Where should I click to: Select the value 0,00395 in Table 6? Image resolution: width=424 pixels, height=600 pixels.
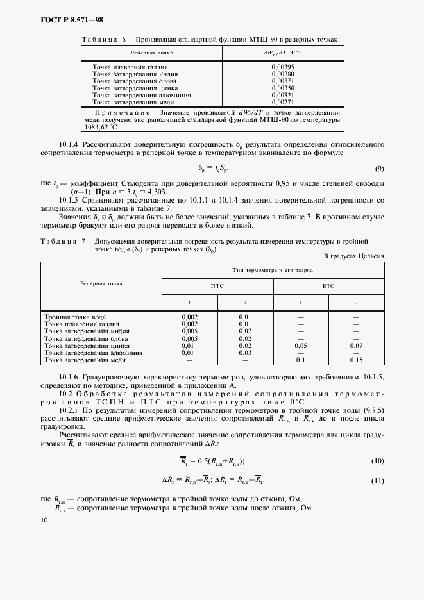pos(282,67)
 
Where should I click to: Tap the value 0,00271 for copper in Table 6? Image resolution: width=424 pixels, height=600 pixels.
pos(282,102)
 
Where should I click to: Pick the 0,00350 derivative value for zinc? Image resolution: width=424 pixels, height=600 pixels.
pos(282,88)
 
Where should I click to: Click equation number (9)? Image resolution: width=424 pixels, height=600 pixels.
pos(378,169)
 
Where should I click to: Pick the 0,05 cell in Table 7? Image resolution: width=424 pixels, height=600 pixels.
pos(300,346)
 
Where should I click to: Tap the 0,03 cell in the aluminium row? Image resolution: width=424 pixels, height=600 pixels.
pos(245,353)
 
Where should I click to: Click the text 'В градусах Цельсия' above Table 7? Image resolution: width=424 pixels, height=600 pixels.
pos(355,256)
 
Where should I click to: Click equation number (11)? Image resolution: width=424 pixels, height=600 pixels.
pos(377,480)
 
